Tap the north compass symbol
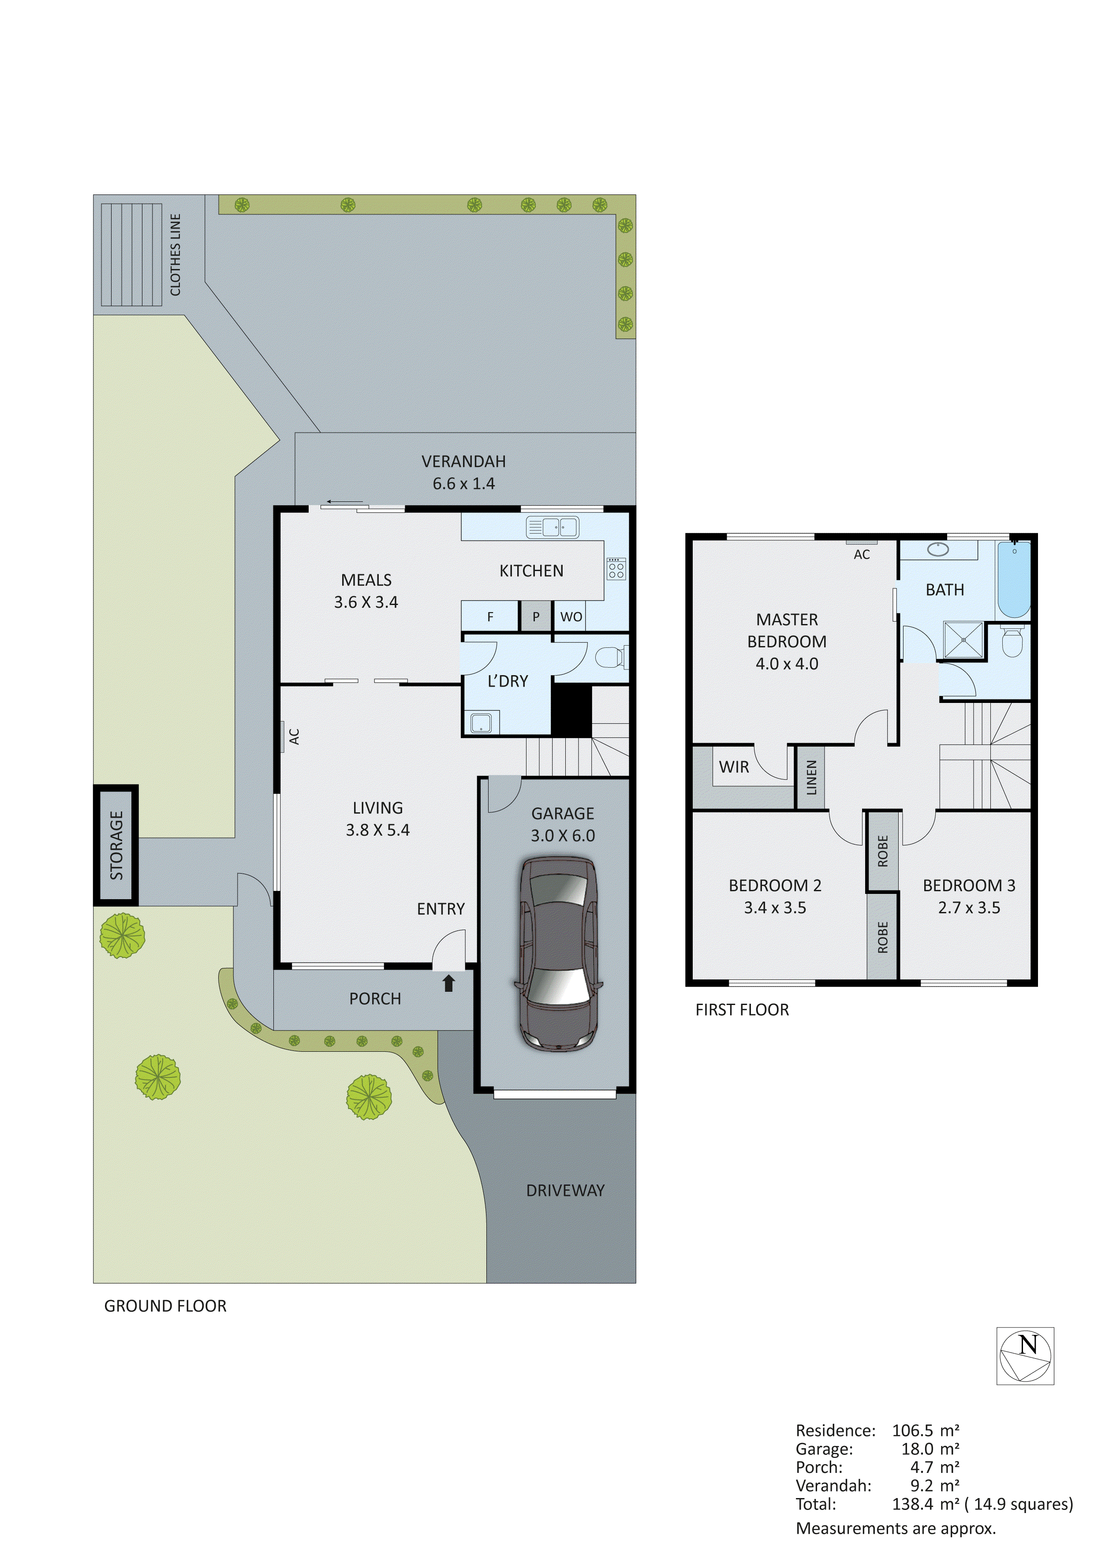(1025, 1356)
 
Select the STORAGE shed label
(116, 845)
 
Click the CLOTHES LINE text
(175, 255)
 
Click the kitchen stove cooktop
(616, 569)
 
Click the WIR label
(734, 767)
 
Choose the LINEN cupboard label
(811, 777)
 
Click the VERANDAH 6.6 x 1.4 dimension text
(463, 483)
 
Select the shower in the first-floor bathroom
(963, 640)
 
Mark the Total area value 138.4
(913, 1504)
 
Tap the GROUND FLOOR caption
(165, 1306)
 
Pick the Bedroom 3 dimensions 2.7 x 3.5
(969, 908)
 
